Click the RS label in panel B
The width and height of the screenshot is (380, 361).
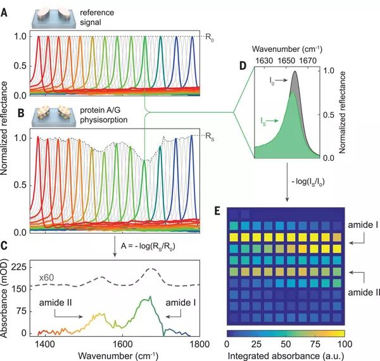[210, 135]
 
